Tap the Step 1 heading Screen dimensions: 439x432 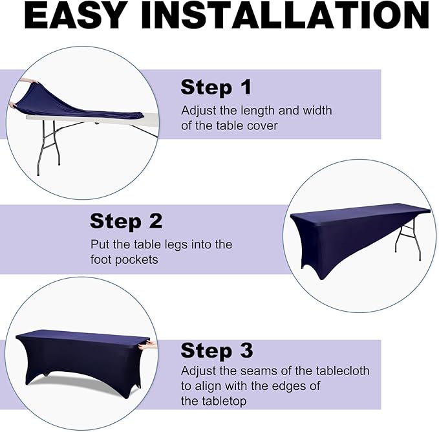[216, 88]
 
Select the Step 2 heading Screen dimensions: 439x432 [126, 222]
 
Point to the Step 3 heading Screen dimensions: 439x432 [217, 351]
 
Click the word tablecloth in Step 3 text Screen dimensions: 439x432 [343, 371]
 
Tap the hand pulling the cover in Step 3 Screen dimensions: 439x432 [148, 345]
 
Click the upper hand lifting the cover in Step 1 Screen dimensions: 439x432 [29, 81]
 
